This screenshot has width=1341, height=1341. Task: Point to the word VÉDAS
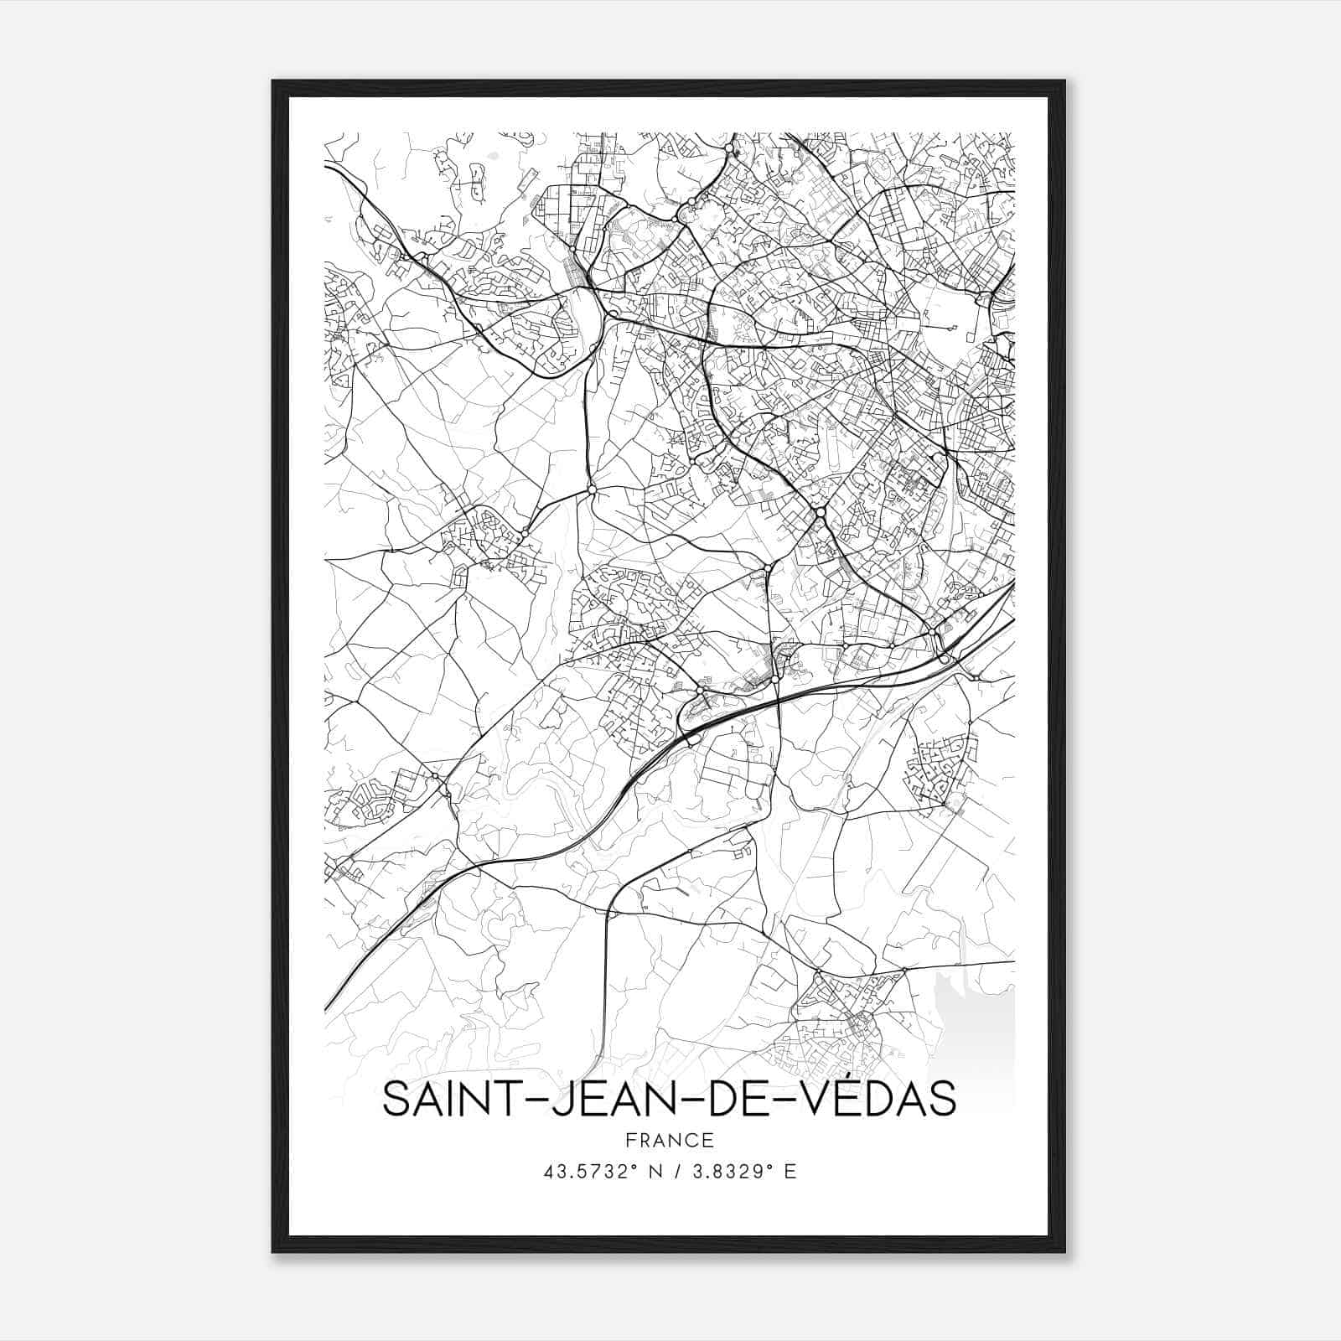884,1099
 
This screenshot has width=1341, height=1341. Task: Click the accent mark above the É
847,1075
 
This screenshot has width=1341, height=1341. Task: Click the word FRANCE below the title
669,1140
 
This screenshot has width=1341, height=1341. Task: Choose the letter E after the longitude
790,1172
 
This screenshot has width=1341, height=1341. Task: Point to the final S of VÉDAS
943,1099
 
